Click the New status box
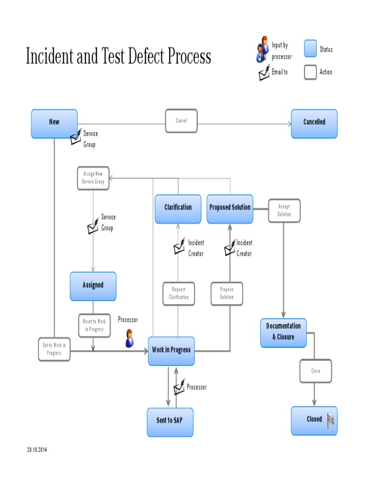click(54, 124)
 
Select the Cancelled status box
click(314, 124)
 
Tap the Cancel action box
click(181, 121)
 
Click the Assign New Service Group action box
click(93, 178)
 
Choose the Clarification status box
click(178, 209)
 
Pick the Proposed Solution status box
click(230, 209)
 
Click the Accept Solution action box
click(284, 210)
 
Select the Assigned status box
click(93, 286)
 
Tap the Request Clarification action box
click(178, 293)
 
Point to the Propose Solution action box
click(227, 293)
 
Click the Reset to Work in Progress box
click(94, 326)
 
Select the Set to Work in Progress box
click(54, 349)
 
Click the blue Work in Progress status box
click(171, 351)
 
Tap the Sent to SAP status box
click(170, 421)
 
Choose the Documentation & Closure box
click(283, 332)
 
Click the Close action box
click(315, 371)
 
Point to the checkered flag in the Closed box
click(331, 420)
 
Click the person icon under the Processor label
click(129, 339)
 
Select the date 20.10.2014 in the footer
click(37, 450)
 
